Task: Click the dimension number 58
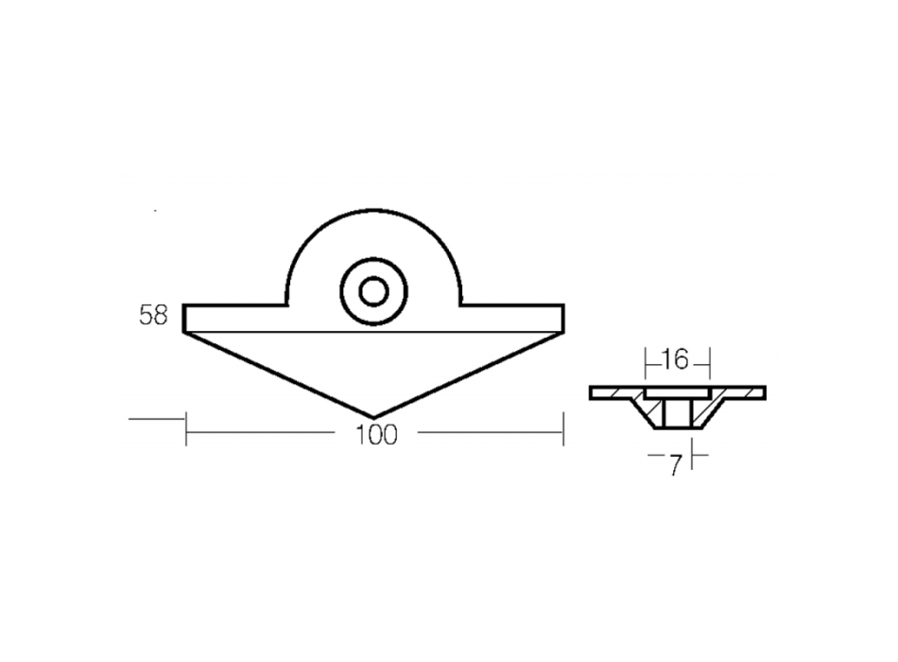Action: pos(153,315)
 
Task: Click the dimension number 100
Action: pos(376,435)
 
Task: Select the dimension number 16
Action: pos(675,360)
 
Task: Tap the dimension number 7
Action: pos(675,466)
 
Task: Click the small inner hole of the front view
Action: pos(373,291)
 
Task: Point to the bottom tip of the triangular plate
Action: pos(373,417)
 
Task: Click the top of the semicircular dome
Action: pos(373,211)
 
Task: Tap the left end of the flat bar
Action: pos(184,318)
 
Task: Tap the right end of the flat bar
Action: pos(563,318)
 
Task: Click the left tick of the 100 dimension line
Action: pos(185,428)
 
